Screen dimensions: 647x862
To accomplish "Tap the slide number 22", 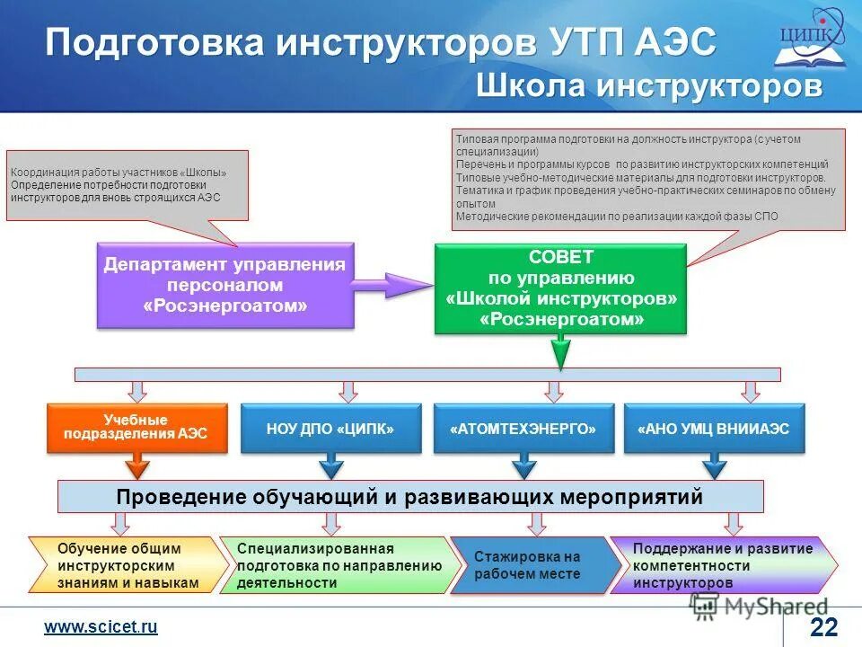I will click(x=822, y=627).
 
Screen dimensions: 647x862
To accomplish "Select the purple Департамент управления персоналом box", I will click(x=224, y=286).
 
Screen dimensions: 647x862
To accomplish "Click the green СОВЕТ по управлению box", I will click(x=561, y=288).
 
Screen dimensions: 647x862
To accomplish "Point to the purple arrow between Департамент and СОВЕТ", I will click(x=391, y=286).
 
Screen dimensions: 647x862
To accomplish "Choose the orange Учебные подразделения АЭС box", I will click(x=136, y=428).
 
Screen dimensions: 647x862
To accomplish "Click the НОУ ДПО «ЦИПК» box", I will click(x=330, y=429).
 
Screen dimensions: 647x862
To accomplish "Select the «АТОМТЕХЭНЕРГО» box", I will click(x=523, y=429).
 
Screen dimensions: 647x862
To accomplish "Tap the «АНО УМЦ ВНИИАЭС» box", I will click(x=714, y=429).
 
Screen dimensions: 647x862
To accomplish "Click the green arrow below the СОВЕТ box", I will click(x=561, y=351).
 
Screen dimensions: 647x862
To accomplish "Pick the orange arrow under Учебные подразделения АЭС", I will click(x=136, y=465).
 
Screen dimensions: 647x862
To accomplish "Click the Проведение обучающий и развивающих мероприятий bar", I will click(x=410, y=496).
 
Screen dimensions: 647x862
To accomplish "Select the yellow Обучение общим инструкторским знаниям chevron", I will click(x=126, y=565).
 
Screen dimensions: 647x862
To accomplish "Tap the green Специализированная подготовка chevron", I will click(x=341, y=565).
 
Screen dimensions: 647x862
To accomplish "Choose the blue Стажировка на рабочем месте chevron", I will click(x=530, y=565).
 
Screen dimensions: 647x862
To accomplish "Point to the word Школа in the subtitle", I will click(x=527, y=86).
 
